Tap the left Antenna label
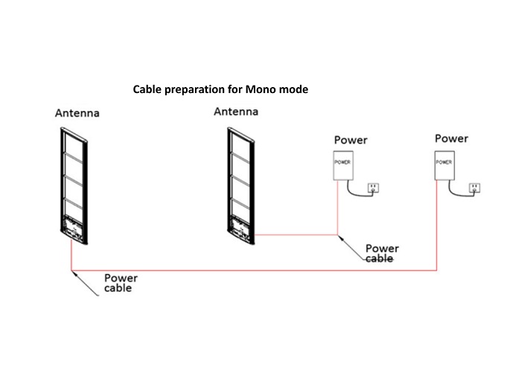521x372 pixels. (x=77, y=114)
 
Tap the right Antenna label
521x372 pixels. (x=236, y=112)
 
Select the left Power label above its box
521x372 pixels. (x=350, y=140)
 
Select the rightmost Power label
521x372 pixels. (x=451, y=138)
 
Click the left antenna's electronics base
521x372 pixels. (x=74, y=228)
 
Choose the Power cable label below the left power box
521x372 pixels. (x=382, y=253)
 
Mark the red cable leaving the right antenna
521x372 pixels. (x=298, y=235)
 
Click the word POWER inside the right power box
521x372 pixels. (x=444, y=161)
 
